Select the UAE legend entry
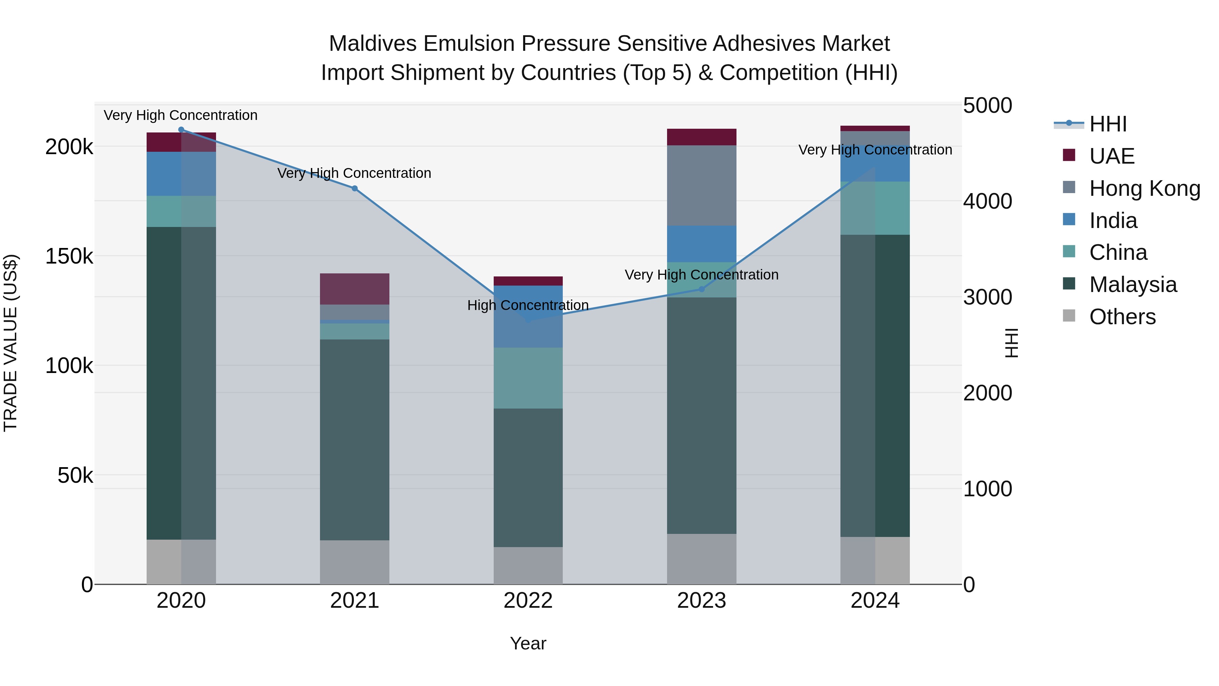(x=1112, y=156)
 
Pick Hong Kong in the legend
(x=1144, y=188)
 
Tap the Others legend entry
(x=1122, y=317)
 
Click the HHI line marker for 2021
(x=355, y=188)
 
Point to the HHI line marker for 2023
(x=701, y=289)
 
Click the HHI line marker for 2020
(x=181, y=130)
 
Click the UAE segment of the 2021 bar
(x=355, y=289)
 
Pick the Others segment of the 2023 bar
(x=701, y=559)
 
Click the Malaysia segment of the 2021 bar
(x=355, y=439)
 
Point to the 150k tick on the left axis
(x=69, y=256)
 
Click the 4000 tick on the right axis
(x=987, y=202)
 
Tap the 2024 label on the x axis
(x=875, y=601)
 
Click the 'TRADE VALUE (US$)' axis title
(x=10, y=343)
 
